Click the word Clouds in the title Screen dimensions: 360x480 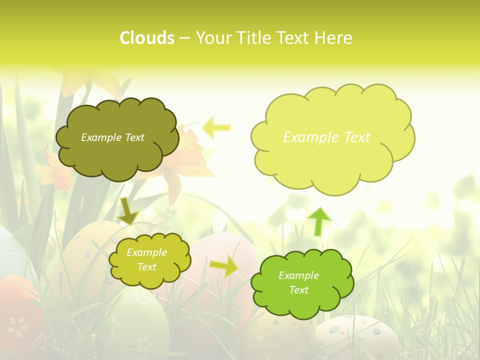click(147, 38)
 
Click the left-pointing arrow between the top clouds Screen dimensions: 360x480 click(216, 127)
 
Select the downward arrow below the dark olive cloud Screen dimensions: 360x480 click(128, 210)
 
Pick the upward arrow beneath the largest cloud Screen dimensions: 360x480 click(319, 221)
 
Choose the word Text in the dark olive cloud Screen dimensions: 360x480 click(134, 137)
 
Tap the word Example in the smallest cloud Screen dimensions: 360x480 click(146, 252)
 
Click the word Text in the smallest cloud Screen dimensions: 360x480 click(146, 267)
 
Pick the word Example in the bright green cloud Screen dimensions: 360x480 click(298, 275)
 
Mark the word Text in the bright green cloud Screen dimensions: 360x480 click(298, 290)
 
